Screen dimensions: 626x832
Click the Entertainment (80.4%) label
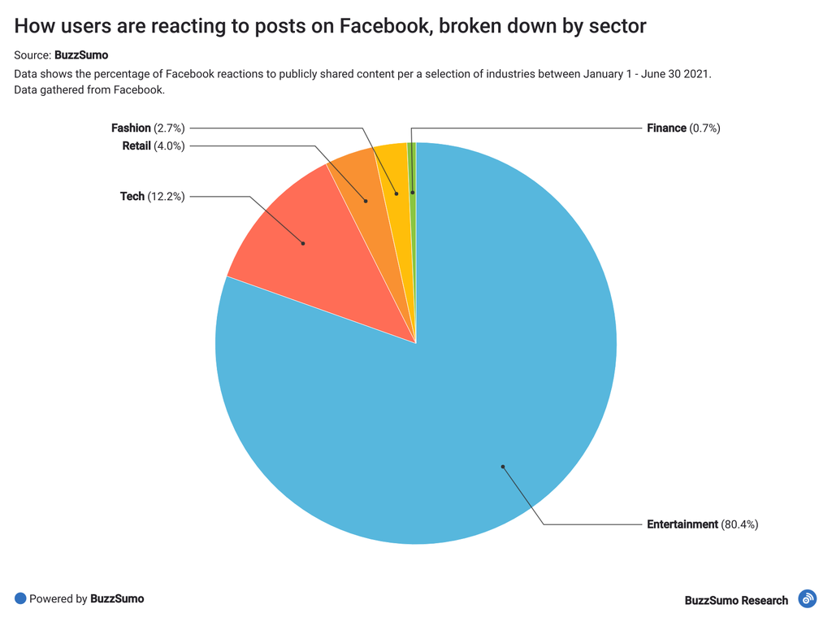pyautogui.click(x=702, y=524)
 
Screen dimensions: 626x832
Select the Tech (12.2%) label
pyautogui.click(x=152, y=196)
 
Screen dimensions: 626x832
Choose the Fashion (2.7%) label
pyautogui.click(x=148, y=128)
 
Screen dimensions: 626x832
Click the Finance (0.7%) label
pyautogui.click(x=683, y=128)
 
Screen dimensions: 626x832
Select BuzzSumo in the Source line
pyautogui.click(x=81, y=55)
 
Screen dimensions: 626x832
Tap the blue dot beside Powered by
pyautogui.click(x=20, y=598)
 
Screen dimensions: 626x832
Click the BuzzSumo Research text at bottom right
pyautogui.click(x=736, y=600)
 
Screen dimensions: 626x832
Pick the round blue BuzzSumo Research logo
pyautogui.click(x=807, y=599)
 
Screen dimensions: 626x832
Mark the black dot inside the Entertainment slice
pyautogui.click(x=503, y=467)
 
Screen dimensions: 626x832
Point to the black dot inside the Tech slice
pyautogui.click(x=303, y=242)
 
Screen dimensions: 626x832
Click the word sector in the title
pyautogui.click(x=619, y=26)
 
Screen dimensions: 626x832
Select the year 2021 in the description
pyautogui.click(x=696, y=74)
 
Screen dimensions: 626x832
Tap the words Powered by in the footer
pyautogui.click(x=58, y=599)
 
